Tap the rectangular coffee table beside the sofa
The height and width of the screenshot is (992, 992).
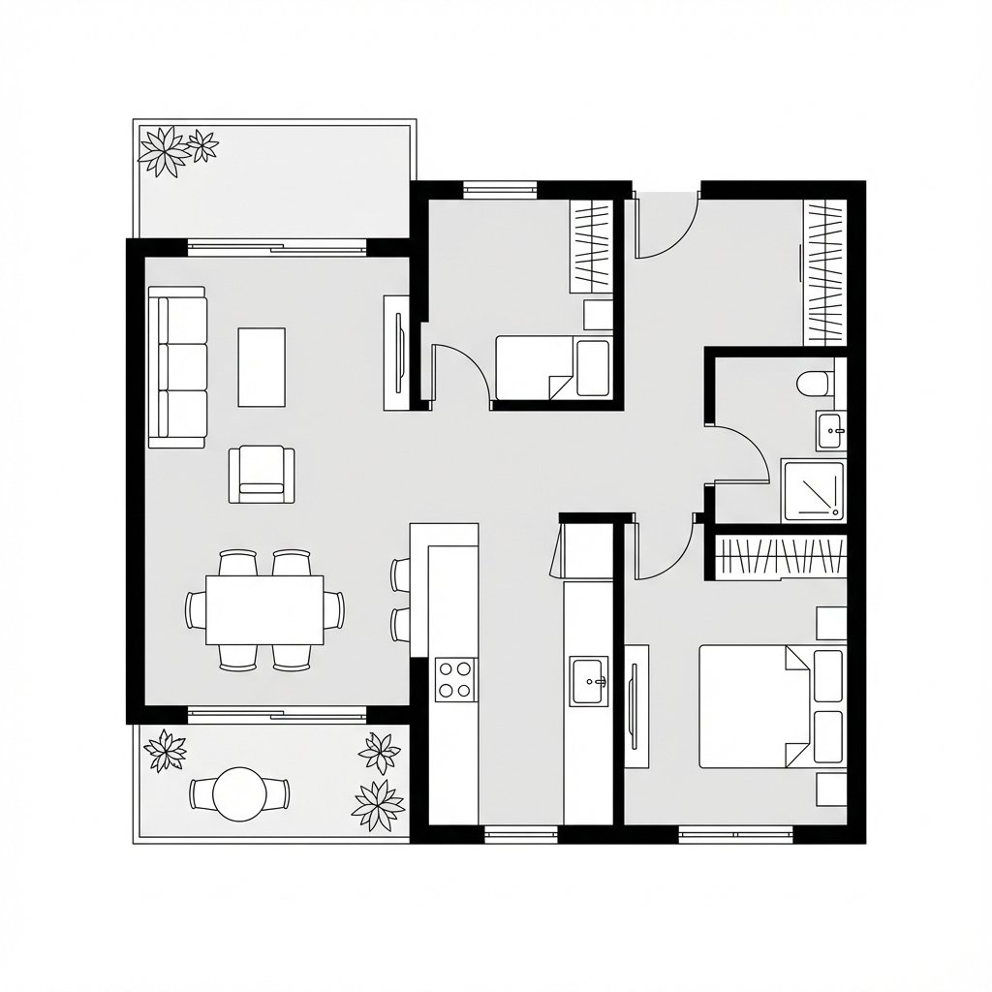coord(262,367)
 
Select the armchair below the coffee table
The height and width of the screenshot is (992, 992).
coord(262,474)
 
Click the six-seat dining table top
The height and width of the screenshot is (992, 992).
coord(264,609)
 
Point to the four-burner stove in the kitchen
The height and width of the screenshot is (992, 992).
coord(455,678)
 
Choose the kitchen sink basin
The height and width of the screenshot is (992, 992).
coord(590,681)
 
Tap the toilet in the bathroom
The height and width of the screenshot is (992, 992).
coord(814,384)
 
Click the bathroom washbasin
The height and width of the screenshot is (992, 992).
coord(830,430)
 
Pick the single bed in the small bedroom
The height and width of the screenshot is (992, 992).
coord(552,367)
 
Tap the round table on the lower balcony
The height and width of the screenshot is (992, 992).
coord(239,793)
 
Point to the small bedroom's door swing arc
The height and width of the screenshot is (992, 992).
coord(457,368)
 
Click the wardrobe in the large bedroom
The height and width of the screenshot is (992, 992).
coord(781,558)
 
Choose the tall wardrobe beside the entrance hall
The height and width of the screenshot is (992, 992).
coord(825,271)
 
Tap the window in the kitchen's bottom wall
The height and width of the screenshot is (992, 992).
coord(520,832)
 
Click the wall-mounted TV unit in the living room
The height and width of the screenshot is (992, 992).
coord(397,353)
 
